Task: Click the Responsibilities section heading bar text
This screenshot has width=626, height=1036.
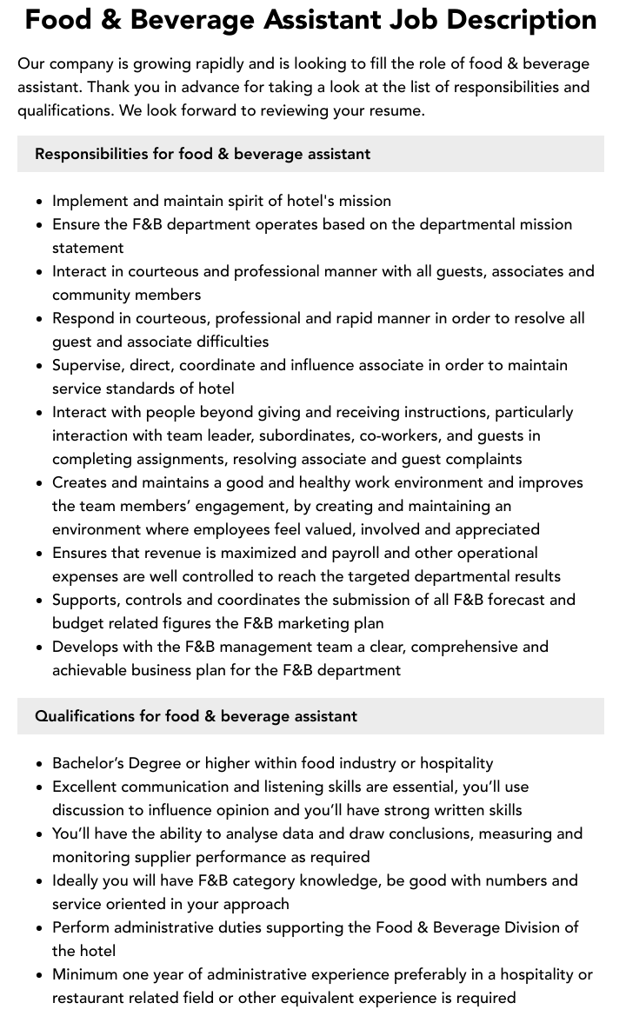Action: (203, 154)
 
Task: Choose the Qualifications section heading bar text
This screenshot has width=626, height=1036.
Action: (196, 716)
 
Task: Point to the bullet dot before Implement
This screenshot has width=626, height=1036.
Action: (40, 202)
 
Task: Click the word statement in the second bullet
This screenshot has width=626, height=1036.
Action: (88, 248)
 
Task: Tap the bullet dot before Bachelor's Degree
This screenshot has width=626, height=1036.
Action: (40, 764)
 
